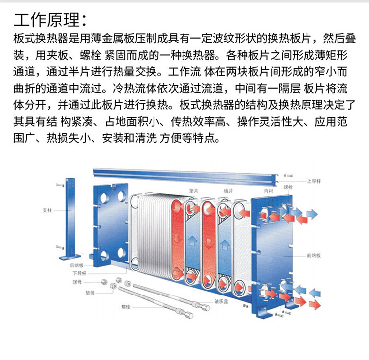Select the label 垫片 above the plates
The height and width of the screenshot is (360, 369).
point(193,190)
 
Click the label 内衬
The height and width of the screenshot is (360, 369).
point(267,190)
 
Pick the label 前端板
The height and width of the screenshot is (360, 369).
point(313,256)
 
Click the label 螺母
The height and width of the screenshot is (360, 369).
point(77,282)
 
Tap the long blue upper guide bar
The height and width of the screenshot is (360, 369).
point(187,174)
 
